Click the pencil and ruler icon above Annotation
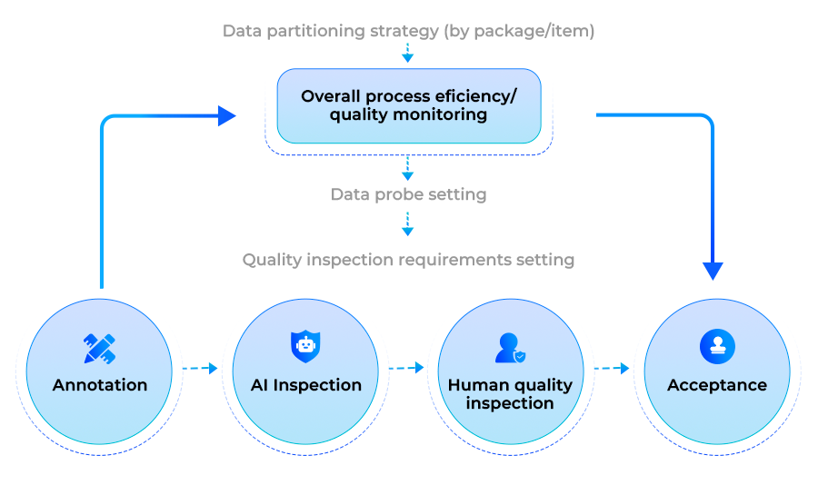coord(100,348)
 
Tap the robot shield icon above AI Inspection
coord(305,347)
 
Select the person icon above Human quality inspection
coord(510,348)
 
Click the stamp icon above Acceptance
coord(717,347)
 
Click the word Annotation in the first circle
coord(100,385)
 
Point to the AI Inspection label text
coord(305,385)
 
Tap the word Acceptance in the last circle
coord(717,385)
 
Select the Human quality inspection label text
coord(510,394)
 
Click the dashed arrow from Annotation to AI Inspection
coord(200,369)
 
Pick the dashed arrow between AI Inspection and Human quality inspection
coord(406,369)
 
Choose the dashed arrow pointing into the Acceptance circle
coord(612,369)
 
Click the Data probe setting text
coord(408,194)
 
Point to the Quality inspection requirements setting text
coord(408,260)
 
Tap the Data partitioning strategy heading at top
coord(408,32)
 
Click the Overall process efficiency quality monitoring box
coord(408,105)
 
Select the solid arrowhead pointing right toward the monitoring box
coord(226,115)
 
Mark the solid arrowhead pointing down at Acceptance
coord(713,271)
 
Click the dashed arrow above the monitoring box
coord(408,53)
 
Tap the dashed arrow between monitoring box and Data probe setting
coord(408,169)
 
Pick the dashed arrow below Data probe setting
coord(408,223)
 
